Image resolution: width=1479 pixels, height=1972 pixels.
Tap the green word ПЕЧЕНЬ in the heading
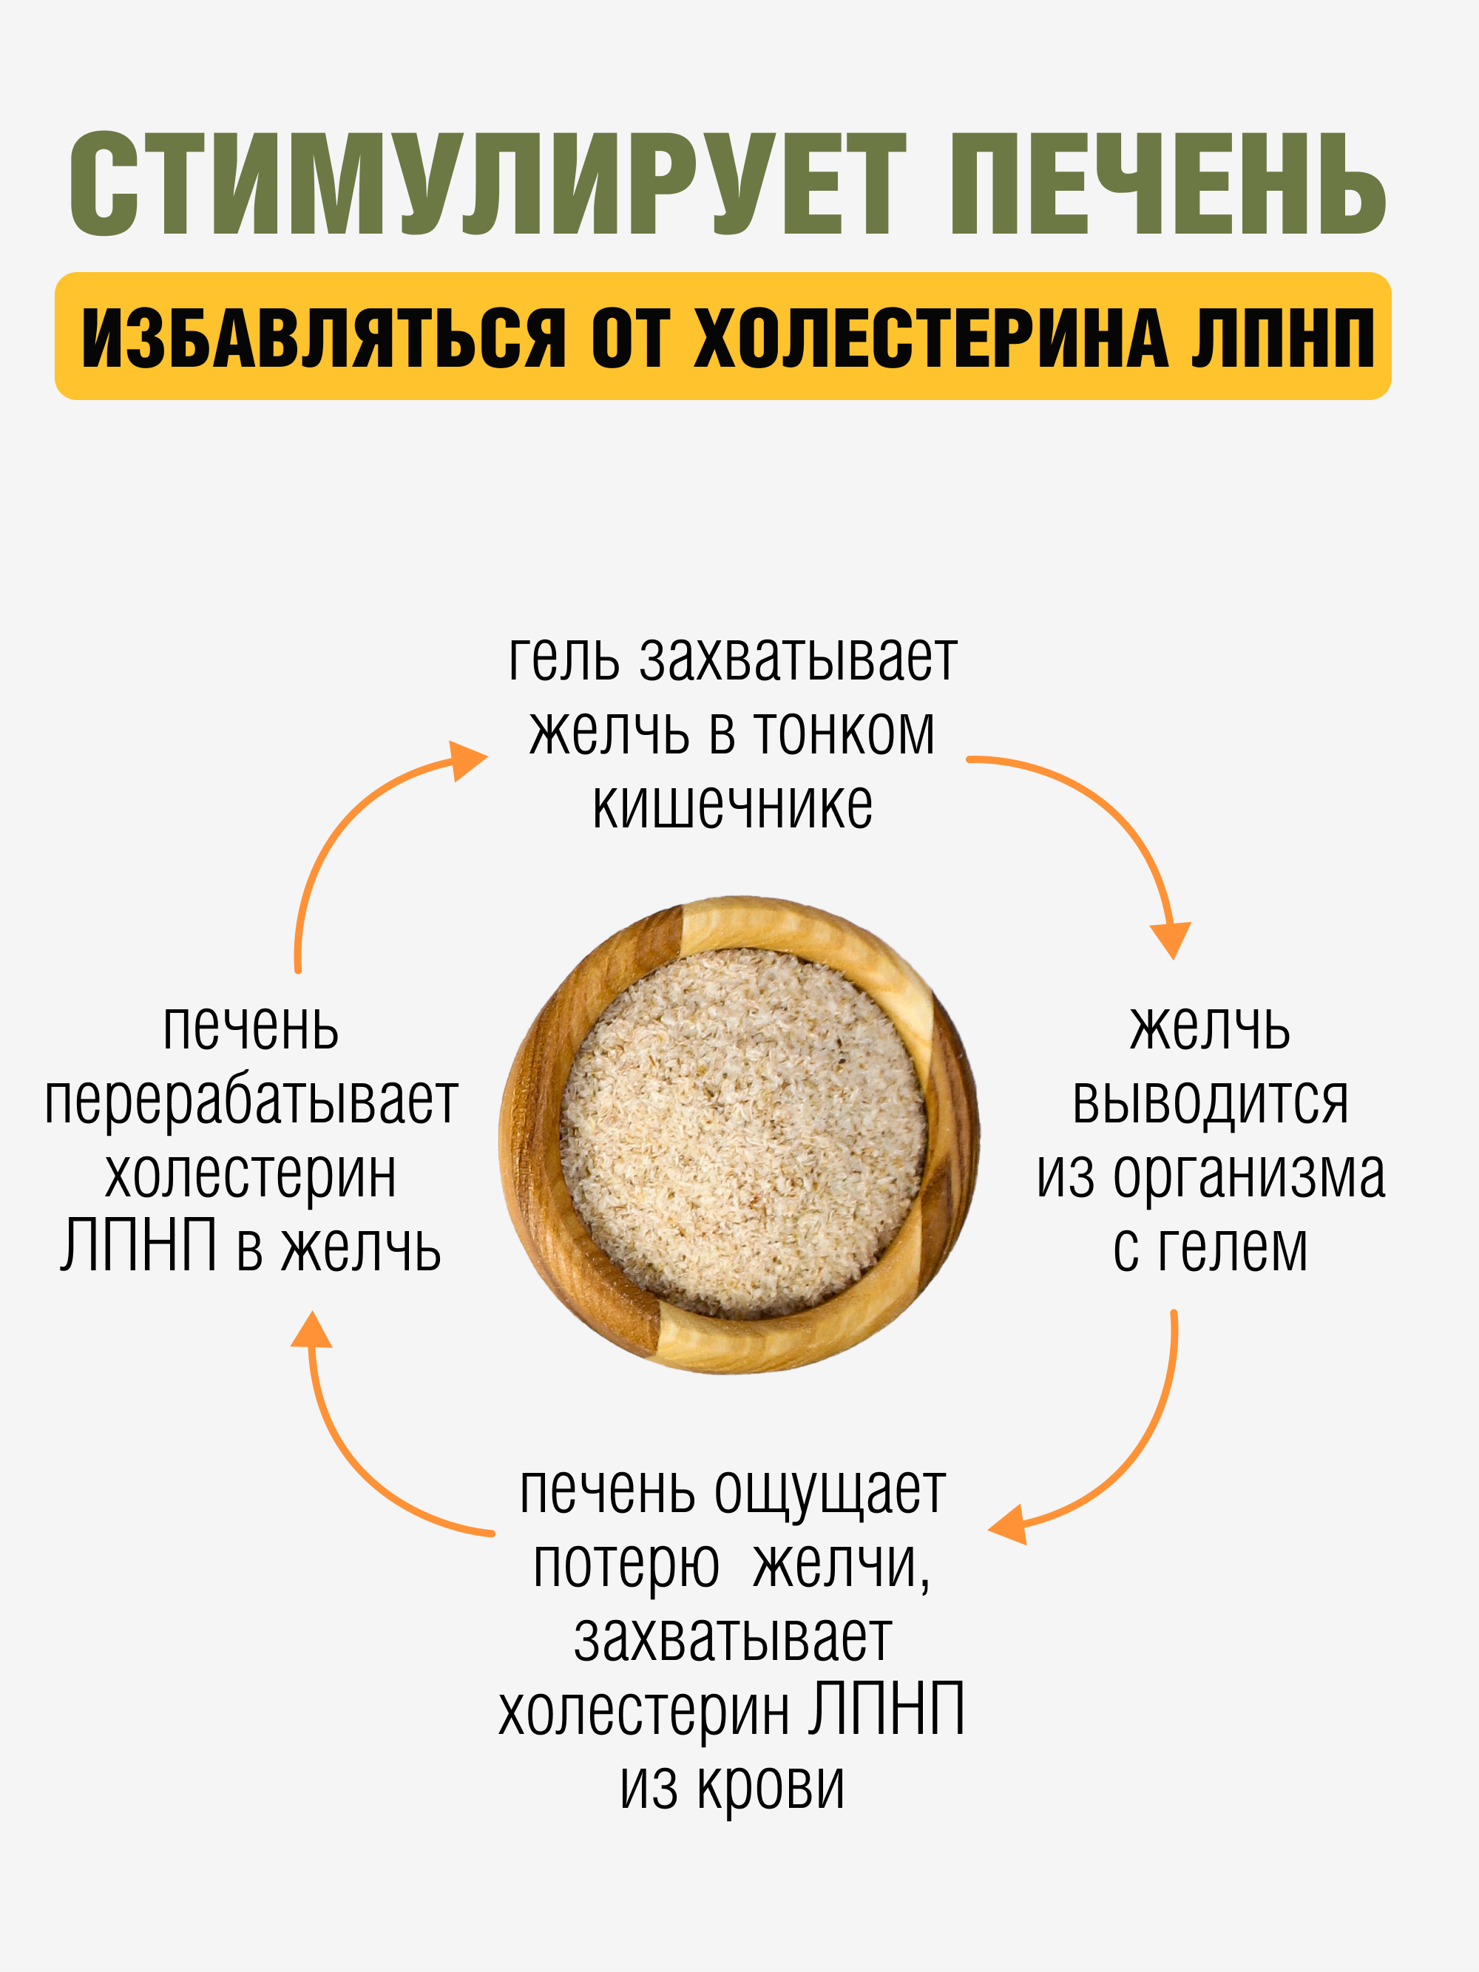(1168, 185)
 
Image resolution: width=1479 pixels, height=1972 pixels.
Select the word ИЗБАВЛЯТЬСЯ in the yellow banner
(324, 338)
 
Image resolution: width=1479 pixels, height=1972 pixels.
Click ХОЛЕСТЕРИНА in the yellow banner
(931, 338)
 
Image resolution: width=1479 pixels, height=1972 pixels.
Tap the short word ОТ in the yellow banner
(629, 338)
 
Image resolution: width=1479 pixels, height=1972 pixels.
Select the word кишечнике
(733, 807)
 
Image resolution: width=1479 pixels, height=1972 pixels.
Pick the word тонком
(845, 733)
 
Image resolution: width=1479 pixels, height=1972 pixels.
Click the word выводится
(1210, 1102)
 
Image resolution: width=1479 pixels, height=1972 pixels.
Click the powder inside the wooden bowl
(742, 1132)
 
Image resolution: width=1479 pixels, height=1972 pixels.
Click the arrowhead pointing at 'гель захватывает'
(467, 760)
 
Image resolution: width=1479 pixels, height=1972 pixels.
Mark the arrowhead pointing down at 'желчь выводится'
(1171, 941)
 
